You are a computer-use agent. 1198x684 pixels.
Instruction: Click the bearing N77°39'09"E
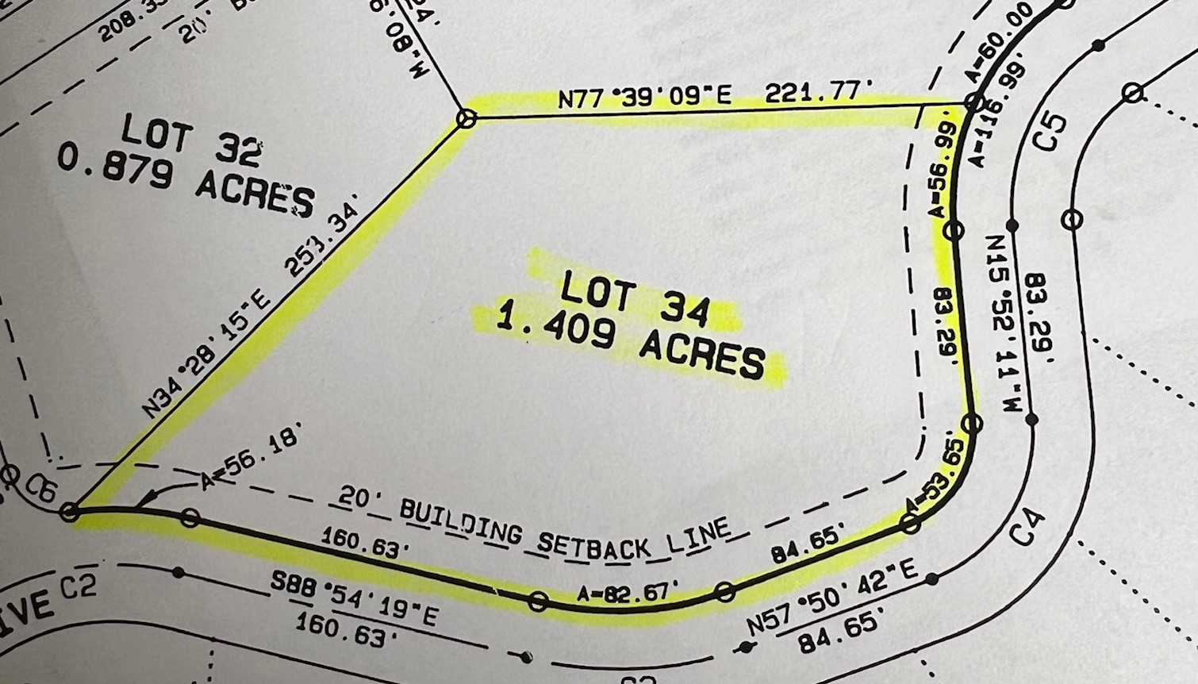[x=644, y=98]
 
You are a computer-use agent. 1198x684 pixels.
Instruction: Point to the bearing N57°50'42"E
[x=832, y=597]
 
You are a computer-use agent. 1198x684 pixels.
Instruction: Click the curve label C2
[x=79, y=588]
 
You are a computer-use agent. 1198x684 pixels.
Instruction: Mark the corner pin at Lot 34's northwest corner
[x=467, y=119]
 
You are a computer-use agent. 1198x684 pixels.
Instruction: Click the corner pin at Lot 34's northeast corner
[x=973, y=102]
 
